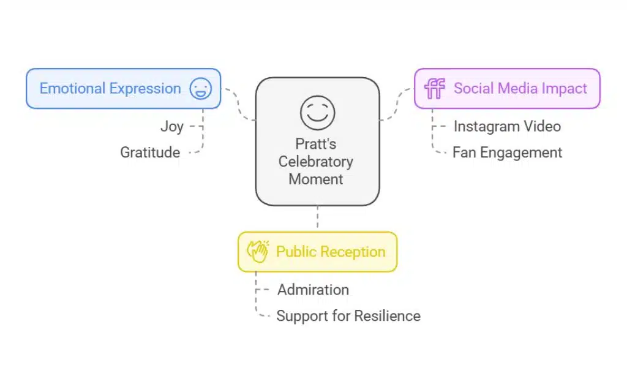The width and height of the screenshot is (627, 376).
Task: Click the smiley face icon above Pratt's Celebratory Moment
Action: tap(317, 113)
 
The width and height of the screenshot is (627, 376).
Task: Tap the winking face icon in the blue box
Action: tap(200, 89)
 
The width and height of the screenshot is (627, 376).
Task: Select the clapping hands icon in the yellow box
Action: tap(257, 252)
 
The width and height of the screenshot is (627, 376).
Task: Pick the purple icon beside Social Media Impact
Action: tap(435, 89)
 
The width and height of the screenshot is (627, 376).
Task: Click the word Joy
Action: tap(171, 127)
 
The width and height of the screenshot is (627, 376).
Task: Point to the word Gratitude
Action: tap(150, 152)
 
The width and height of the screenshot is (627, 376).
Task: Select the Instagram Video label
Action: tap(507, 127)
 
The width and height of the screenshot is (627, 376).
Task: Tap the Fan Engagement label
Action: tap(507, 152)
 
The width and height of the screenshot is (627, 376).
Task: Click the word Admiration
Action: tap(313, 290)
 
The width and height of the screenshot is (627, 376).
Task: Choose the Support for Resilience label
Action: tap(348, 316)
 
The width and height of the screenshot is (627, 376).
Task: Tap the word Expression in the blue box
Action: tap(146, 89)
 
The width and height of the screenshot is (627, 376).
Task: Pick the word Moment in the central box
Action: tap(316, 179)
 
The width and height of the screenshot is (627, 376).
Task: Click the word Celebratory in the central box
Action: tap(316, 162)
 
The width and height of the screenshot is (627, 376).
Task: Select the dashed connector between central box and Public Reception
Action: tap(317, 218)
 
